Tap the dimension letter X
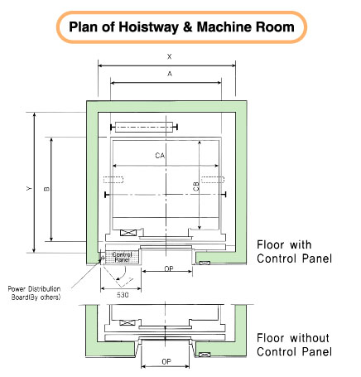click(x=170, y=56)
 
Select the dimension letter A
click(x=170, y=74)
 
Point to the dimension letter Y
click(x=29, y=189)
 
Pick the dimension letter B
click(x=46, y=189)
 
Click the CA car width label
click(x=160, y=156)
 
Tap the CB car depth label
click(x=196, y=186)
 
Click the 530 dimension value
click(x=123, y=295)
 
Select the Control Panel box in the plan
click(x=123, y=257)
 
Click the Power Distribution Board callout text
click(x=35, y=292)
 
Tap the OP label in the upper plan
click(x=169, y=268)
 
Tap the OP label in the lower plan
click(x=166, y=361)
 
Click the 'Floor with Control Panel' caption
click(x=294, y=252)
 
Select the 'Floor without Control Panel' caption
click(x=294, y=345)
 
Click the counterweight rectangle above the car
click(x=144, y=127)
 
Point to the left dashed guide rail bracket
click(x=113, y=180)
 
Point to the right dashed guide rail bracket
click(x=213, y=180)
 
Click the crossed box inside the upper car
click(x=128, y=233)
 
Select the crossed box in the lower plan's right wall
click(x=205, y=355)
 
